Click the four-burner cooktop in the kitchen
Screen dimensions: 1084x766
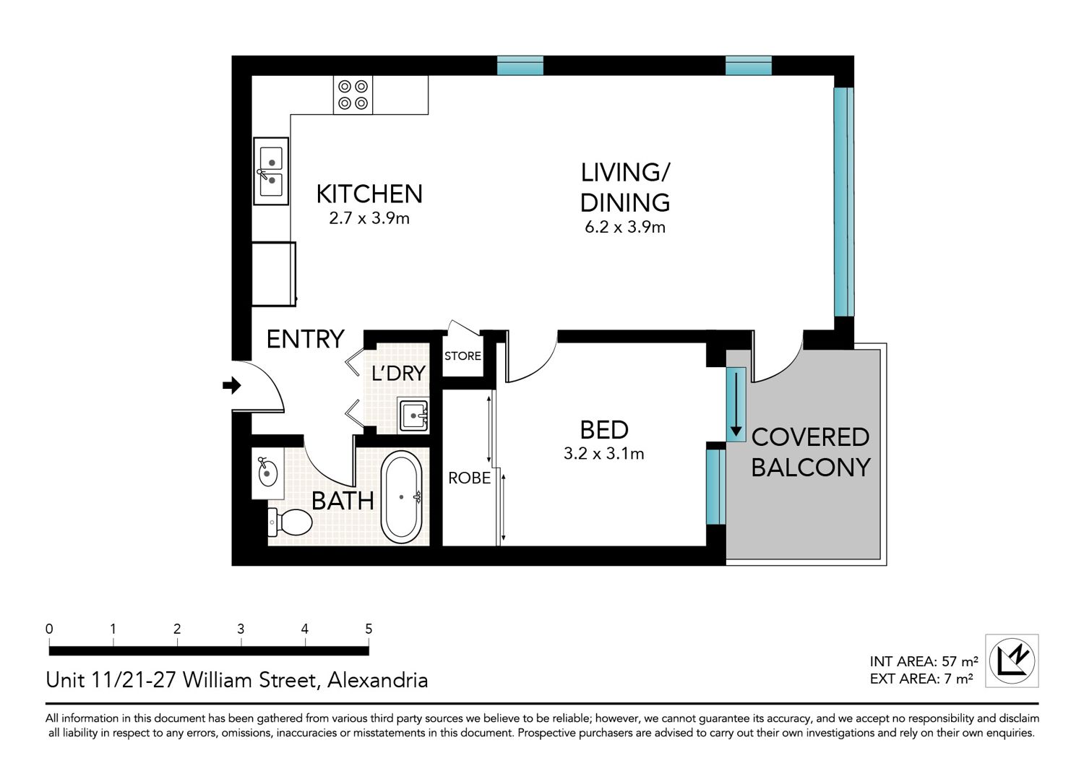coord(353,95)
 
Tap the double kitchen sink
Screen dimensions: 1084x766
coord(271,171)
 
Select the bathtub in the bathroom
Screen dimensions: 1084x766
coord(401,497)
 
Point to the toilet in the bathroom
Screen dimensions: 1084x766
coord(290,522)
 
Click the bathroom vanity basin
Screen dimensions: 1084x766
coord(267,473)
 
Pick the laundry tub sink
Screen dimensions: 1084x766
coord(413,415)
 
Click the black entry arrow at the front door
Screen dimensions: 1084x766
coord(232,385)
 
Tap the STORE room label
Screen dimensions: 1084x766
coord(463,356)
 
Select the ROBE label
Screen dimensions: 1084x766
coord(470,478)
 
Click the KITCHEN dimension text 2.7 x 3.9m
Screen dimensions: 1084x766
coord(369,218)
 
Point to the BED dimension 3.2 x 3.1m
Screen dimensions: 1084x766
coord(604,453)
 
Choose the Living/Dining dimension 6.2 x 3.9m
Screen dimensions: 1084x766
coord(625,227)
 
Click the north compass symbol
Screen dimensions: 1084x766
coord(1012,660)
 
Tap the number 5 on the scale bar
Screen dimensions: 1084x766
coord(369,629)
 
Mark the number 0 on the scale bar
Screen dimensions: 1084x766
coord(49,629)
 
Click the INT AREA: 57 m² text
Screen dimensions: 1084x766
coord(924,661)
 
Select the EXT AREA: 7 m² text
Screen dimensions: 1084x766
coord(921,679)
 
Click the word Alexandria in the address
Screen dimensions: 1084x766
coord(378,680)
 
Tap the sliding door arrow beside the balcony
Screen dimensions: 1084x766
coord(736,403)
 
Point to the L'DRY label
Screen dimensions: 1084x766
coord(399,373)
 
